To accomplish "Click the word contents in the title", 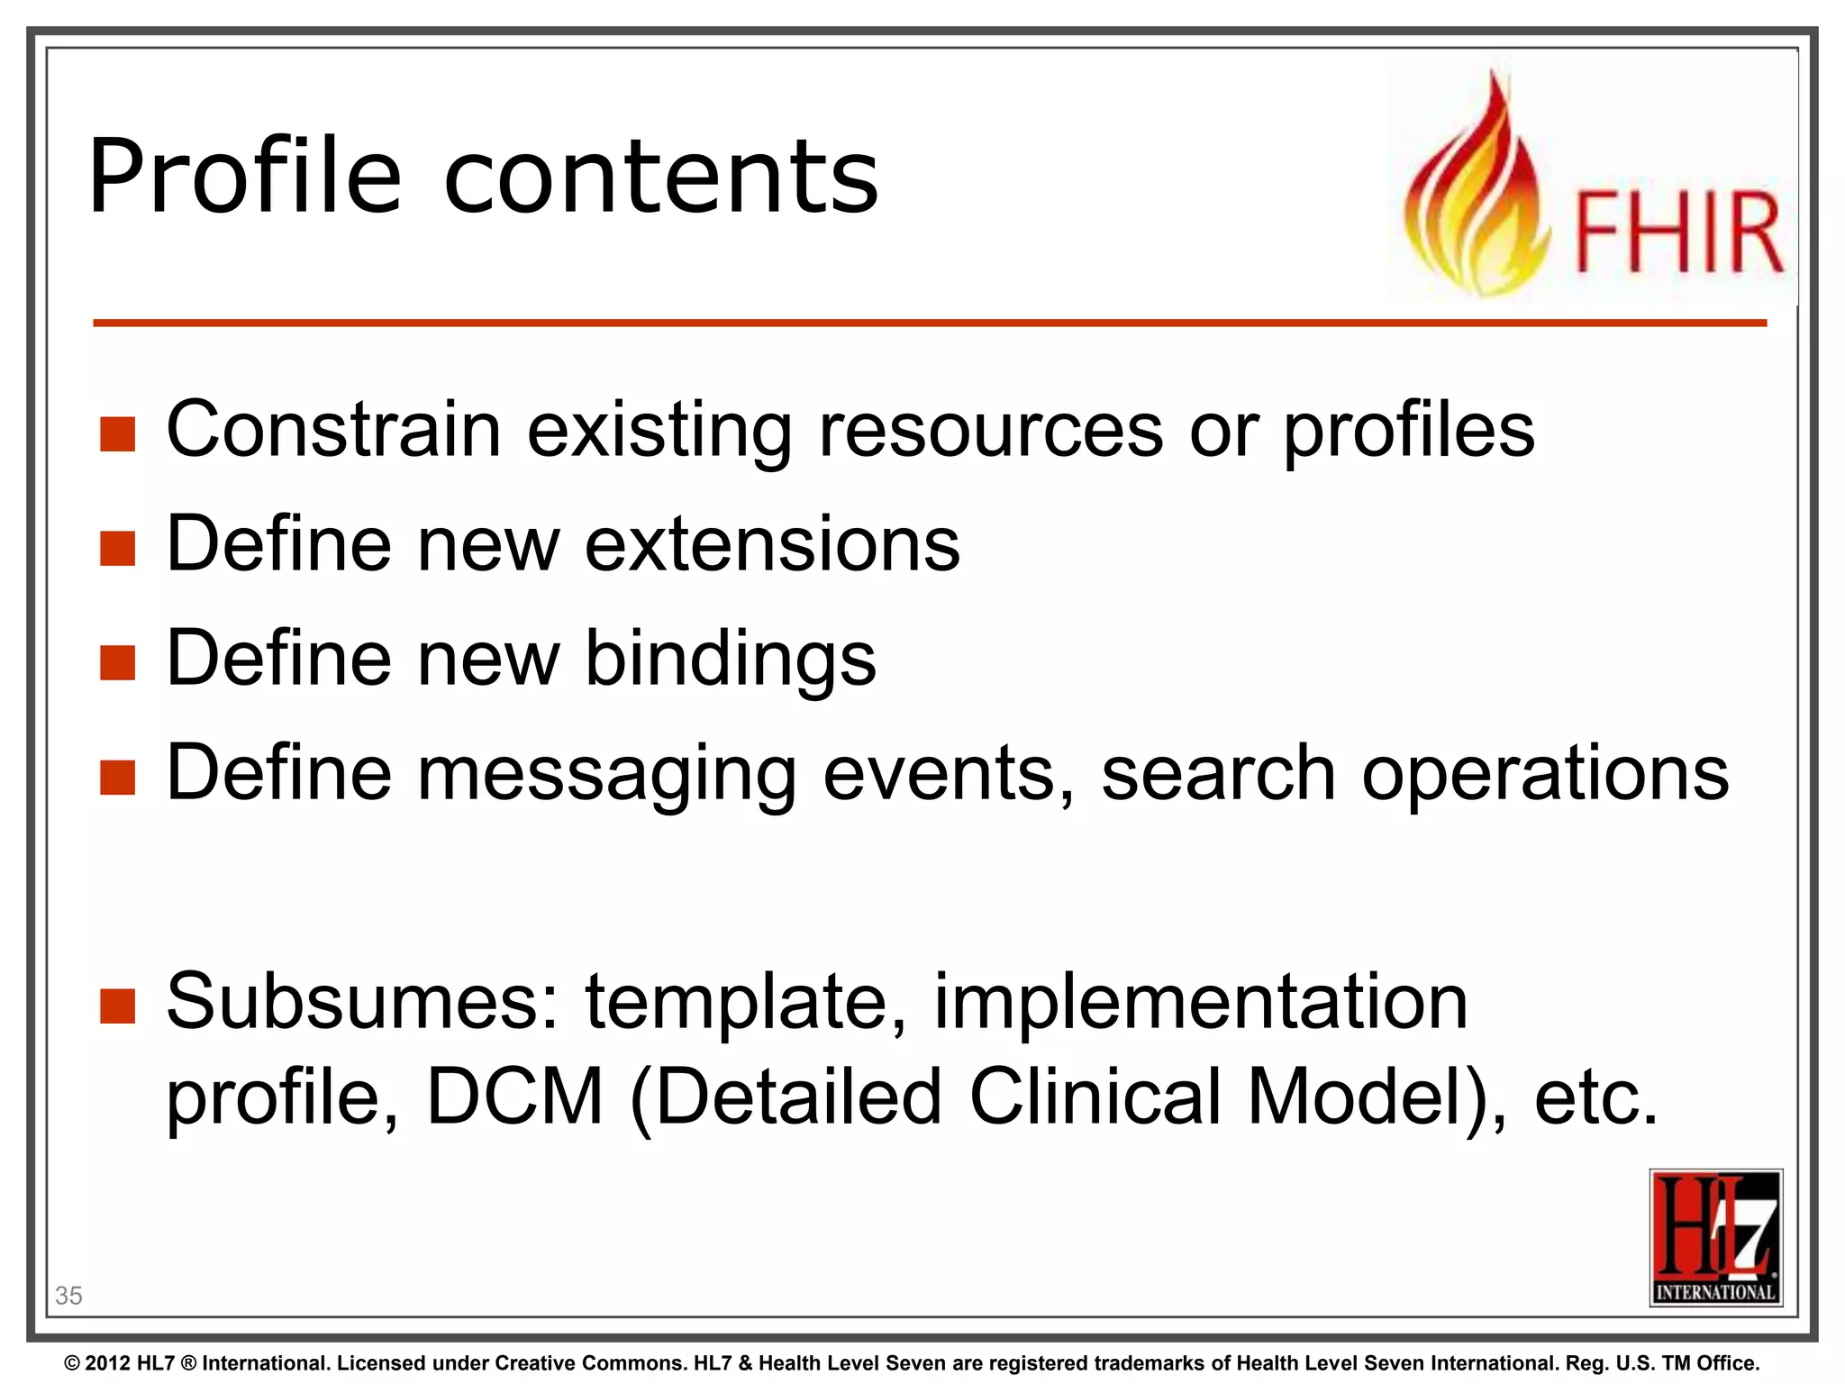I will (x=660, y=178).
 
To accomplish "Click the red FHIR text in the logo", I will (x=1678, y=232).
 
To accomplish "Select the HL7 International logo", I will (x=1715, y=1236).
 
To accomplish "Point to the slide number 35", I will (x=68, y=1296).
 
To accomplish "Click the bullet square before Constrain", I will (x=117, y=433).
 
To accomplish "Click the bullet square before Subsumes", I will (x=117, y=1006).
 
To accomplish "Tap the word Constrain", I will (x=333, y=430).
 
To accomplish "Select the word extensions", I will (x=772, y=544).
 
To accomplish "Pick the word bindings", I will (x=730, y=660).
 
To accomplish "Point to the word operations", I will (x=1544, y=773).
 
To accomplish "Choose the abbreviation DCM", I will (x=514, y=1097).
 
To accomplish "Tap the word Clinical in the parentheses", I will (x=1095, y=1097).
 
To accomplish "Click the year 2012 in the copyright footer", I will (x=109, y=1363).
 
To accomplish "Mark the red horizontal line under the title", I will (x=928, y=323).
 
